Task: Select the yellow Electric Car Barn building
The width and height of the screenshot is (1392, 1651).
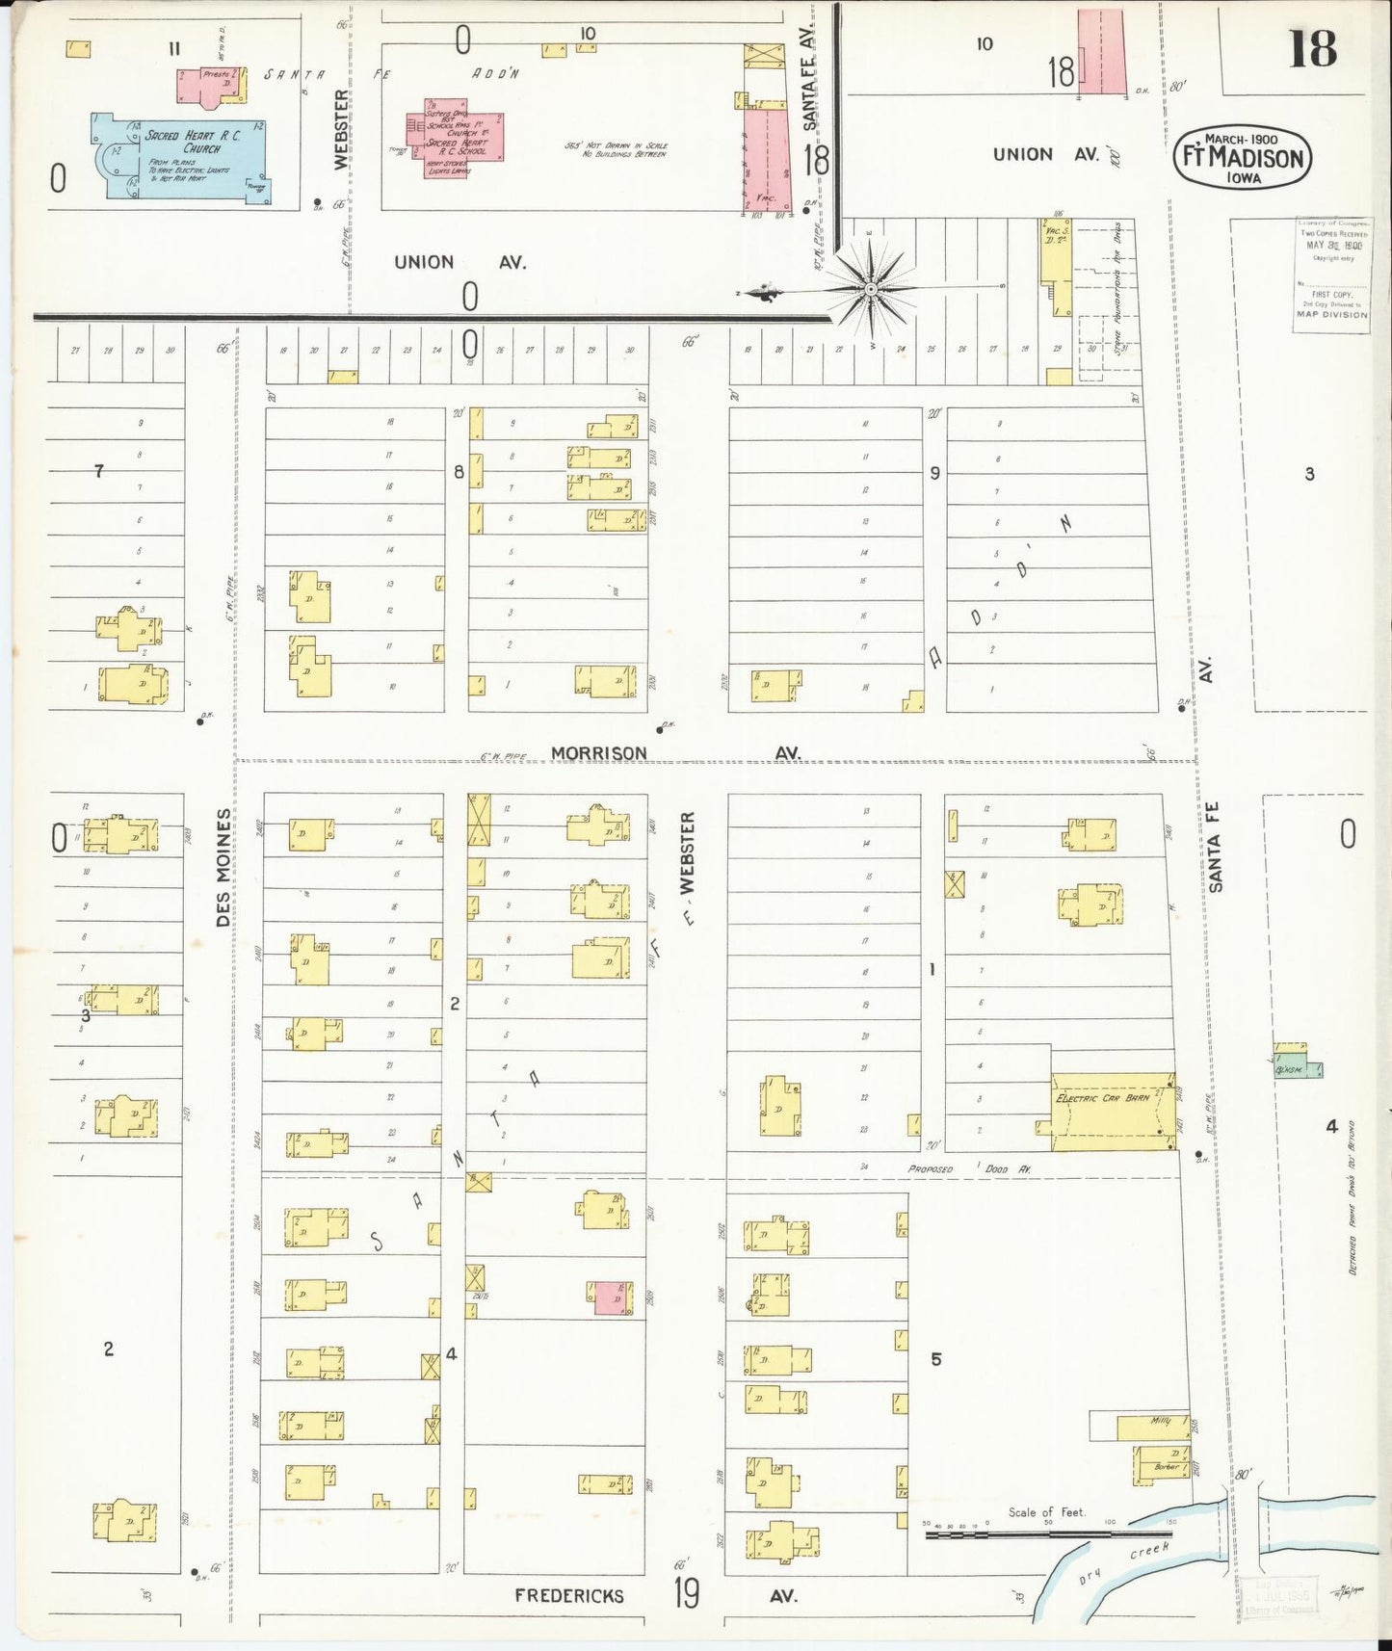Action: click(1113, 1111)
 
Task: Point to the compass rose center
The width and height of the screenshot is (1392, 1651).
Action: click(871, 288)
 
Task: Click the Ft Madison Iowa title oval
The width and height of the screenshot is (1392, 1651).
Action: click(1242, 157)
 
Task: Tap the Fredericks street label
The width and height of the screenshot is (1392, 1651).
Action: click(568, 1595)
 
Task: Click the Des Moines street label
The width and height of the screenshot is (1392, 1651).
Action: click(223, 867)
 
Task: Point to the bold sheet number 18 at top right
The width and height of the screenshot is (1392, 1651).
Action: click(1312, 48)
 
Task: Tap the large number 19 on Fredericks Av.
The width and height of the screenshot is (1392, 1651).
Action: click(686, 1594)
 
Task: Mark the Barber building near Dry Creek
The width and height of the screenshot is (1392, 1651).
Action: click(1166, 1466)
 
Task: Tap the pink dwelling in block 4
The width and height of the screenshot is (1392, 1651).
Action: click(611, 1298)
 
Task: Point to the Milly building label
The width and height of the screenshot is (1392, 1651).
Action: click(1159, 1422)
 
